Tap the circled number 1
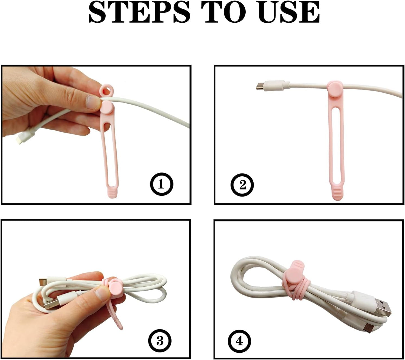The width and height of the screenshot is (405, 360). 161,184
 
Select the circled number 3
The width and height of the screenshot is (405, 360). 159,341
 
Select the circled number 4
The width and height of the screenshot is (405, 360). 239,341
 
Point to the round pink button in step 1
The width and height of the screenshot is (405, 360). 106,108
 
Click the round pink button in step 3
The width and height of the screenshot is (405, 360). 115,288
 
